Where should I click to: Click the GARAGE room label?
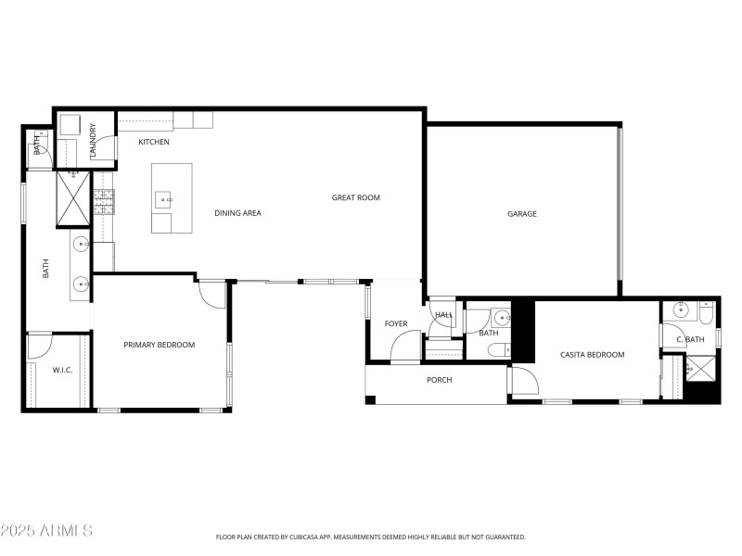click(x=521, y=214)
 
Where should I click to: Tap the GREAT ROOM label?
click(x=356, y=197)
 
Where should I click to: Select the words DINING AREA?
click(x=237, y=213)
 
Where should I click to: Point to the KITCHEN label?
click(x=154, y=142)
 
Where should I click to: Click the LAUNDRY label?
click(x=93, y=142)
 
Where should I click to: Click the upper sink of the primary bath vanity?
click(x=81, y=246)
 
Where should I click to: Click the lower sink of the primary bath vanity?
click(x=81, y=283)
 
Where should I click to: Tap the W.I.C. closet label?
click(x=62, y=371)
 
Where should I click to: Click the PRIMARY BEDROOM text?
click(x=160, y=345)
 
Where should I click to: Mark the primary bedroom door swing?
click(x=213, y=294)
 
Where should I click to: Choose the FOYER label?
click(x=396, y=323)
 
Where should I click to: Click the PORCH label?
click(x=439, y=380)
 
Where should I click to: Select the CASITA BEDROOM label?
click(x=592, y=355)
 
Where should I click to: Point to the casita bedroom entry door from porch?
click(x=523, y=380)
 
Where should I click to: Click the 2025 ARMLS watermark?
click(x=46, y=531)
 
